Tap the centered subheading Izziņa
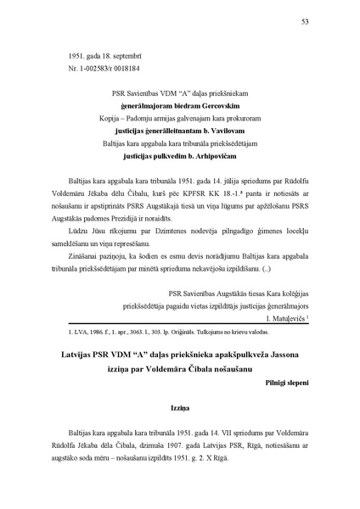coord(178,406)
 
